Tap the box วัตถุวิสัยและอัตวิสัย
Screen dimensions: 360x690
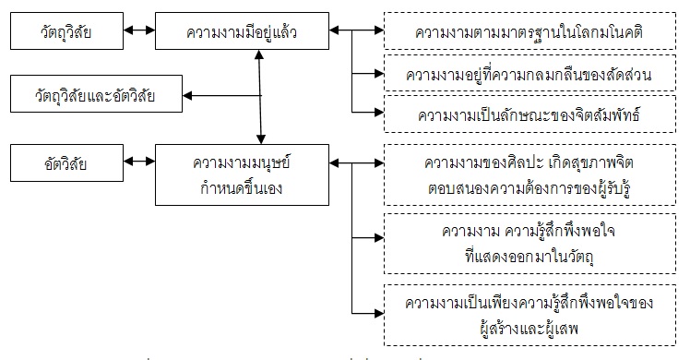[92, 94]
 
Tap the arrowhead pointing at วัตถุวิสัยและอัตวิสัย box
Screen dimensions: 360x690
[188, 94]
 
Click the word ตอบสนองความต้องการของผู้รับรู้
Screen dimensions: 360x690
[529, 186]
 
